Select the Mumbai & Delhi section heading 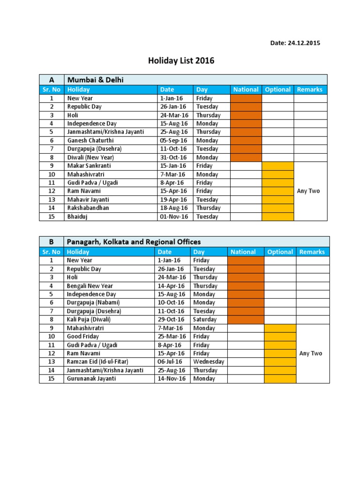coord(95,80)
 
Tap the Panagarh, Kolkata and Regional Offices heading coord(134,242)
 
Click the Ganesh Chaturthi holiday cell coord(90,140)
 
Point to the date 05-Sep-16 coord(173,140)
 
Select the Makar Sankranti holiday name coord(89,165)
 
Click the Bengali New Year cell coord(90,285)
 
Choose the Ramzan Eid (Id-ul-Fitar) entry coord(97,361)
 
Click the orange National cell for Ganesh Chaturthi coord(246,140)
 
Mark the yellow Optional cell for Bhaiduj coord(277,217)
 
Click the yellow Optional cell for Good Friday coord(280,336)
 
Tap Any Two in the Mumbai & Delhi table coord(308,191)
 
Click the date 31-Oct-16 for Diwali coord(173,157)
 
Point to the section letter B coord(51,242)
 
